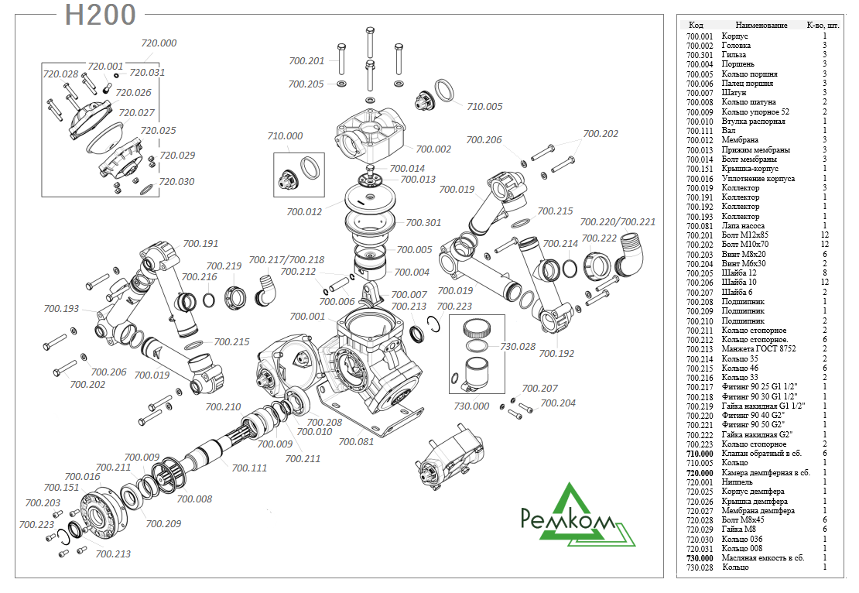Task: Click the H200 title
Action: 101,15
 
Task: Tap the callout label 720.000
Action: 159,43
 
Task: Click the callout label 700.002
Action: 433,149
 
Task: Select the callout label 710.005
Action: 484,106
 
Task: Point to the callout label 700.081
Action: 357,442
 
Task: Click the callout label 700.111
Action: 249,468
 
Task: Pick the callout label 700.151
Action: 61,488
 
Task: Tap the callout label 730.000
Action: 472,406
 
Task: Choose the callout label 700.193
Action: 61,309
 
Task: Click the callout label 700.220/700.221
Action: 618,221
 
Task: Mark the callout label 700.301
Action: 423,222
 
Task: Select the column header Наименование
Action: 761,26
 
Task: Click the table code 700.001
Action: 700,36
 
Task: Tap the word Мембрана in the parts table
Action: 740,140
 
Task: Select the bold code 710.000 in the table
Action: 700,454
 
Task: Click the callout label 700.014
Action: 407,168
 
